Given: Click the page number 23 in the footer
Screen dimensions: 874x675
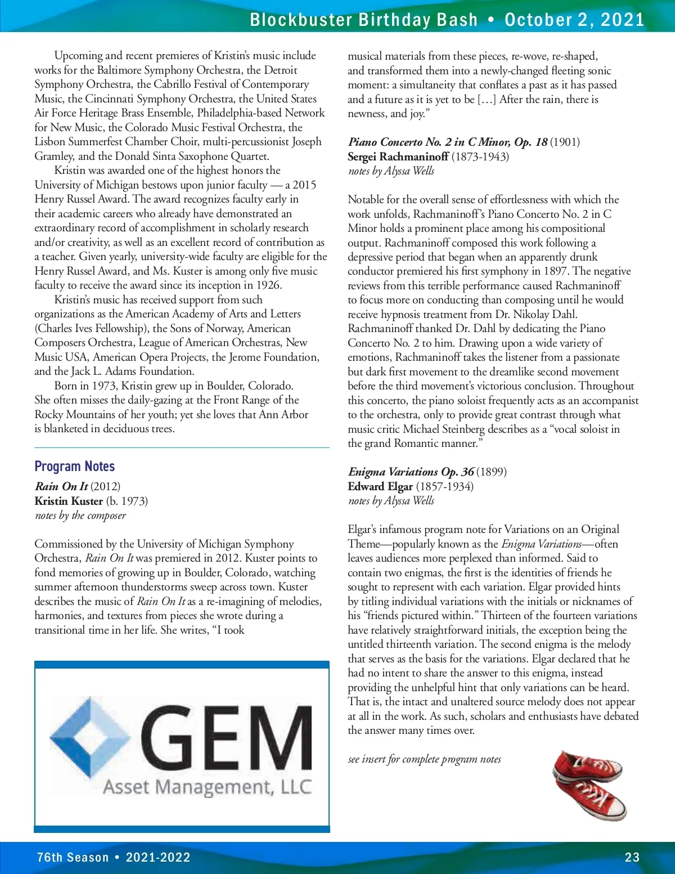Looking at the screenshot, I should [632, 857].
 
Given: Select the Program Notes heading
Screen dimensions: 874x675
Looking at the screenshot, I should [74, 466].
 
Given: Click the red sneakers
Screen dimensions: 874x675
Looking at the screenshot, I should [588, 785].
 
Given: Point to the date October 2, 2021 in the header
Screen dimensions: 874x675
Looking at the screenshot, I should [574, 20].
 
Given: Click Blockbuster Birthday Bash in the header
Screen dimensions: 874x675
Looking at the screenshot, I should [363, 20].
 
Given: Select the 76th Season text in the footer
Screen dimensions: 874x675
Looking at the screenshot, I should [73, 857].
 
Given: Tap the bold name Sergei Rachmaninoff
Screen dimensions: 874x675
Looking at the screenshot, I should [398, 156].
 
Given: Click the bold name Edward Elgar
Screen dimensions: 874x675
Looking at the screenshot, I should [380, 486].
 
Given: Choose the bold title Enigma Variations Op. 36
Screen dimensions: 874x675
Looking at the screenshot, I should [411, 472].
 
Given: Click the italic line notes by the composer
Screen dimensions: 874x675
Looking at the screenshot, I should [80, 516].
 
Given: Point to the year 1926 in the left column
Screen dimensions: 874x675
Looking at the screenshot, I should [268, 285].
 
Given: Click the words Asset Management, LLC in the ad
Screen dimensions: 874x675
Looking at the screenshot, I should [207, 786].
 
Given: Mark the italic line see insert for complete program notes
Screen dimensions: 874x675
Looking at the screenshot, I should [424, 759].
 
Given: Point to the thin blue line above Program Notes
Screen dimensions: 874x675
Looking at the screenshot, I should [182, 447].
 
